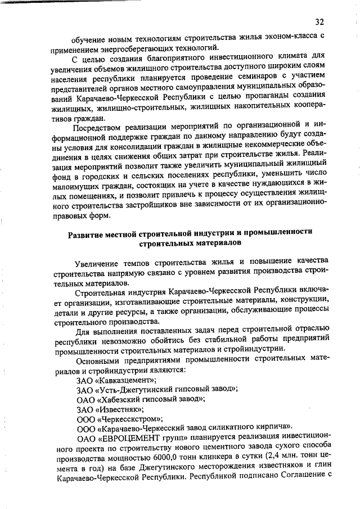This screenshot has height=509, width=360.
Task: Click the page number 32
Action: pyautogui.click(x=319, y=22)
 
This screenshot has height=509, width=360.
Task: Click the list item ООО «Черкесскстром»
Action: pyautogui.click(x=120, y=419)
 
